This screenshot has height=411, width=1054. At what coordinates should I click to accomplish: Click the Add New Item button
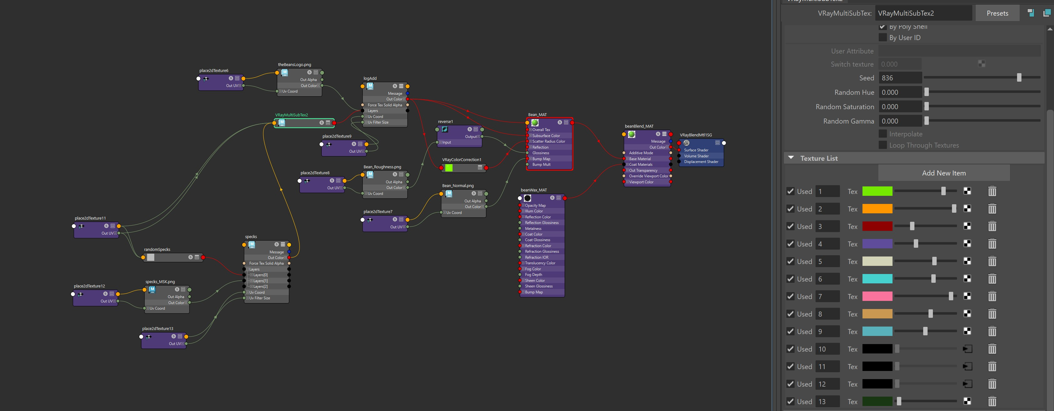(944, 173)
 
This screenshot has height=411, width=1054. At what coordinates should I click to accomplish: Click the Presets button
(997, 13)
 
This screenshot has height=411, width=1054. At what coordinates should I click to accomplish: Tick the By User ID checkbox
(883, 38)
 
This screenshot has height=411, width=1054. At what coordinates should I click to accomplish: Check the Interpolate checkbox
(883, 134)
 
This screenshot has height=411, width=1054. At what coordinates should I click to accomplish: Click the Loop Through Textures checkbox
(883, 145)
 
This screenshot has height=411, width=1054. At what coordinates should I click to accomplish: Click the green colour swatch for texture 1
(877, 191)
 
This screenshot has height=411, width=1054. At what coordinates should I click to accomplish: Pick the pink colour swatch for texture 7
(877, 297)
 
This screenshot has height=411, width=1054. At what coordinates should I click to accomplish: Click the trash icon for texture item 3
(992, 226)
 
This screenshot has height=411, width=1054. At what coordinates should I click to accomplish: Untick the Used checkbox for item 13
(790, 402)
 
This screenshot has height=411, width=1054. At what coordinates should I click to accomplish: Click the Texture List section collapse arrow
(791, 158)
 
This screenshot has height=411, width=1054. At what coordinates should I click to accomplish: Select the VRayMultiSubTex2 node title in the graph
(291, 115)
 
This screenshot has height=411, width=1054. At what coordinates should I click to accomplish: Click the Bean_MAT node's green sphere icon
(535, 123)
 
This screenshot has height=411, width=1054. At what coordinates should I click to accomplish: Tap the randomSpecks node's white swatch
(151, 257)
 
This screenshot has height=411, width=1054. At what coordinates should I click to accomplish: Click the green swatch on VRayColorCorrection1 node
(449, 168)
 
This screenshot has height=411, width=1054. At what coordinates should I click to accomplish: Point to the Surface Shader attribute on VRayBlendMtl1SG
(696, 150)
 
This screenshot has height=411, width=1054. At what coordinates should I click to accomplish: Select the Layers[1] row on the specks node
(260, 281)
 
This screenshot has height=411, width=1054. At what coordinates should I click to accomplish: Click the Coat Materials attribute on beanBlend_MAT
(640, 165)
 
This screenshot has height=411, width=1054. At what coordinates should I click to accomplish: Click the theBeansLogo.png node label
(294, 65)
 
